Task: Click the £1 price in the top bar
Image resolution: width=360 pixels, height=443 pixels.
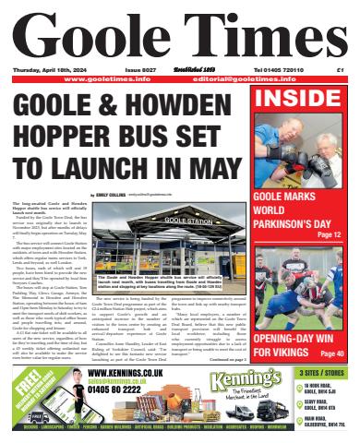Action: (x=340, y=69)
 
